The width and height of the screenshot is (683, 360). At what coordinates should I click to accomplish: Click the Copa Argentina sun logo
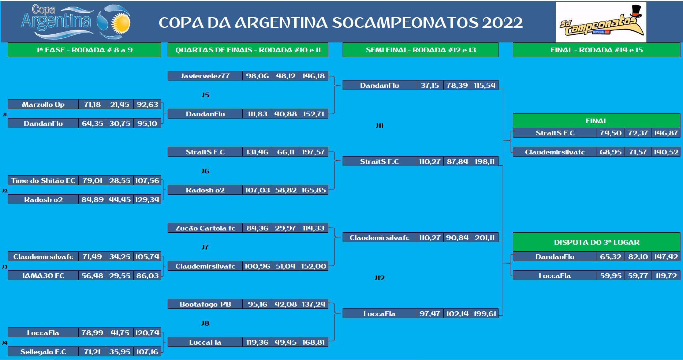(x=76, y=21)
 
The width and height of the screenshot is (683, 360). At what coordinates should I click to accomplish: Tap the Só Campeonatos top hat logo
(x=601, y=22)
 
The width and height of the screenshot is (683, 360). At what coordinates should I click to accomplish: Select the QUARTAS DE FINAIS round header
(x=248, y=50)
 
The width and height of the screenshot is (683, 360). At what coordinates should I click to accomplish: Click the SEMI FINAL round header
(x=421, y=50)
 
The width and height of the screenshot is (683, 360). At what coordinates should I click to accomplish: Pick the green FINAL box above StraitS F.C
(x=596, y=121)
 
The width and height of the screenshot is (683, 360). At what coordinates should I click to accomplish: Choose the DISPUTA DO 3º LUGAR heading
(x=597, y=242)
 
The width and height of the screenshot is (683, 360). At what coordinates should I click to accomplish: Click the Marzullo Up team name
(x=43, y=104)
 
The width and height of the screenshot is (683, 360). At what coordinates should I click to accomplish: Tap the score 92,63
(x=147, y=104)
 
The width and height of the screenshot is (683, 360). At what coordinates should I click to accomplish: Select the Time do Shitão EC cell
(x=43, y=180)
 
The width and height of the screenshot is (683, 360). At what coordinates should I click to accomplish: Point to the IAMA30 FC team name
(x=43, y=275)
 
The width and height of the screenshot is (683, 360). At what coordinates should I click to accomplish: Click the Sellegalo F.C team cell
(x=43, y=352)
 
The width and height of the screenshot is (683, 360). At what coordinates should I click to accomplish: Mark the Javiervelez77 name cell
(x=205, y=76)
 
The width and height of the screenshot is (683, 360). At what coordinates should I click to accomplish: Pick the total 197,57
(x=313, y=152)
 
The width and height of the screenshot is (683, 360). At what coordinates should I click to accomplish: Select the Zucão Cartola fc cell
(x=205, y=228)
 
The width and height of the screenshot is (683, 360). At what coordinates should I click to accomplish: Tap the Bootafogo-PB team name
(x=205, y=304)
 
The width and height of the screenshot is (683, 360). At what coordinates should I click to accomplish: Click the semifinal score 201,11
(x=485, y=237)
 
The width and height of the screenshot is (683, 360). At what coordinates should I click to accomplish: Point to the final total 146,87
(x=666, y=133)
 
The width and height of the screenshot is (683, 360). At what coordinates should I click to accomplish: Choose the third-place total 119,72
(x=666, y=275)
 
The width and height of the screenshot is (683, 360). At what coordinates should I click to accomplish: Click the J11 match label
(x=380, y=125)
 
